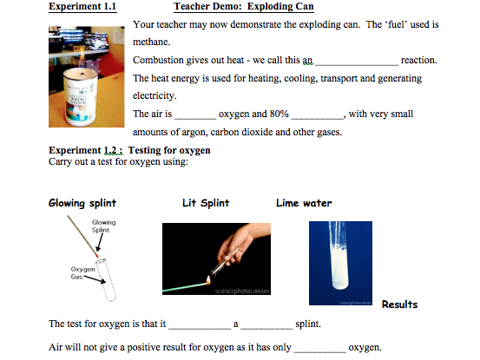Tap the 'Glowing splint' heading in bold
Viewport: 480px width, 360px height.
[82, 204]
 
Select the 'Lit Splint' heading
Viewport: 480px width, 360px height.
[207, 204]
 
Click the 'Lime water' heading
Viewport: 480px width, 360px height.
[304, 204]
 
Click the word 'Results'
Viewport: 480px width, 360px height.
[400, 304]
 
